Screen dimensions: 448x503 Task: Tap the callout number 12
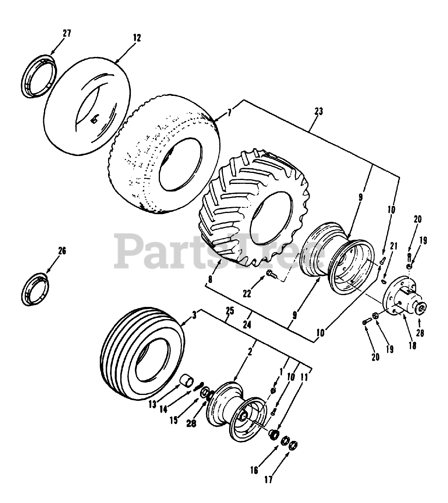tap(136, 38)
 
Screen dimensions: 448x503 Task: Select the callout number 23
tap(318, 112)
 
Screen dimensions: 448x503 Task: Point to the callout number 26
tap(62, 250)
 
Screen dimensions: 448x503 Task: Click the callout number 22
tap(247, 293)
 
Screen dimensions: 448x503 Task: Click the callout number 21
tap(393, 246)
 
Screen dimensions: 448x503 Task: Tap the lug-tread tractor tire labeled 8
tap(252, 204)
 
